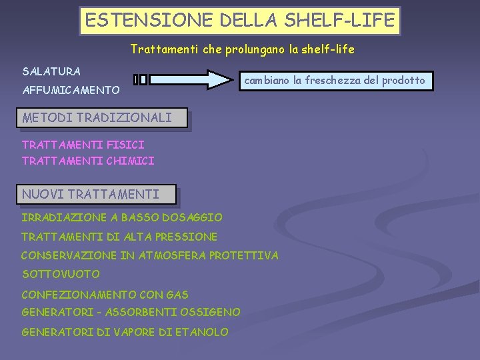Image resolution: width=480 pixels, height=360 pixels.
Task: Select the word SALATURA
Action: coord(51,71)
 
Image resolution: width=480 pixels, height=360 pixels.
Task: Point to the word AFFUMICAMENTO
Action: coord(71,89)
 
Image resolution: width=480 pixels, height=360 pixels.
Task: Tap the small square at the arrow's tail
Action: coord(143,80)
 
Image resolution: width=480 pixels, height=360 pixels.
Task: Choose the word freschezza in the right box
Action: coord(333,80)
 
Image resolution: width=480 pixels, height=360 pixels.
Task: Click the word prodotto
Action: coord(403,80)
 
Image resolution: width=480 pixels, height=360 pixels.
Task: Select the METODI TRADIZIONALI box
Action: coord(97,118)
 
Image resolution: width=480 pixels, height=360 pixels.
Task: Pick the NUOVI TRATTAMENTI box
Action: coord(91,195)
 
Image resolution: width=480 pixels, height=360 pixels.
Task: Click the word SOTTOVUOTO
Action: coord(61,274)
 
